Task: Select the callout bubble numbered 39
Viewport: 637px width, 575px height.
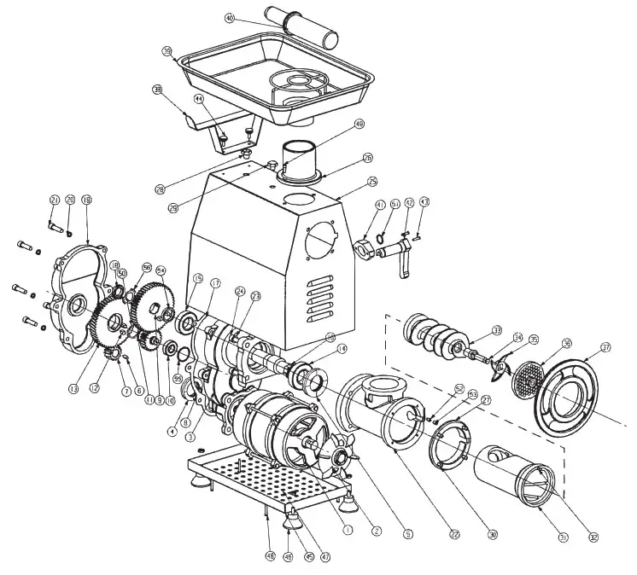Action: (x=167, y=49)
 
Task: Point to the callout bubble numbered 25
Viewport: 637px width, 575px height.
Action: (x=372, y=182)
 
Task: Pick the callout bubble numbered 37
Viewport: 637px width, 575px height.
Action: (x=606, y=346)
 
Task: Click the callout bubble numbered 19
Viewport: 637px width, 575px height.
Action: (x=86, y=200)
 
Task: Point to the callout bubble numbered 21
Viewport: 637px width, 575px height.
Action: (x=54, y=200)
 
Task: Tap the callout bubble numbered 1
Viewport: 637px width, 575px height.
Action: (x=348, y=529)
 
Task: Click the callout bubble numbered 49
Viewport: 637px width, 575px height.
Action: (x=359, y=124)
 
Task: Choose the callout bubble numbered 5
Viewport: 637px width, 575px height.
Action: (x=408, y=534)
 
